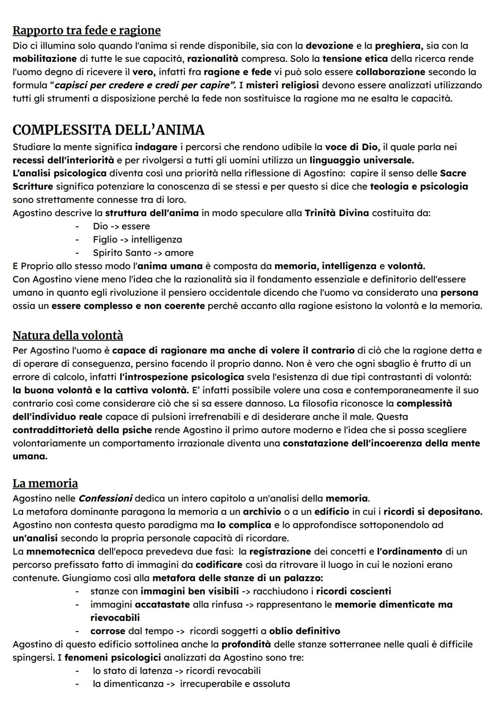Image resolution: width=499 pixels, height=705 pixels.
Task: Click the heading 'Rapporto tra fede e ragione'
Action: point(86,31)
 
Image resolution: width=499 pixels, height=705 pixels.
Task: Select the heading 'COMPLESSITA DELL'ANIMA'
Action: point(108,130)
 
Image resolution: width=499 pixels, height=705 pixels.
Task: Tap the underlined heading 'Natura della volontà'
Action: point(67,335)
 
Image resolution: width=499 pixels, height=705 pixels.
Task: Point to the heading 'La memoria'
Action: point(45,484)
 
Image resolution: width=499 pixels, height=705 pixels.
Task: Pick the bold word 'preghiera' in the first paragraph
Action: point(398,46)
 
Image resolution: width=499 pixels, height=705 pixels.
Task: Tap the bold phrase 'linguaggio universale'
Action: point(361,160)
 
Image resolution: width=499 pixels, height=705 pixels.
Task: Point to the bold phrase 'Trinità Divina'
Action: point(337,213)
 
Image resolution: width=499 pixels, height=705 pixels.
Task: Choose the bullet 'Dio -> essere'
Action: point(121,227)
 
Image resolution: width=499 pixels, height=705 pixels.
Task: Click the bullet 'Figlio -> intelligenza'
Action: point(137,239)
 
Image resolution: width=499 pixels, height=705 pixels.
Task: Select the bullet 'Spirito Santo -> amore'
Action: point(143,253)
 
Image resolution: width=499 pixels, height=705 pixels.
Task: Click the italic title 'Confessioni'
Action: point(105,499)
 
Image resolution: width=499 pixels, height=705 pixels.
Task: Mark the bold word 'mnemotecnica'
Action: point(61,552)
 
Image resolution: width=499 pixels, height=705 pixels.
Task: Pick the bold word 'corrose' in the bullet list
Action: point(108,631)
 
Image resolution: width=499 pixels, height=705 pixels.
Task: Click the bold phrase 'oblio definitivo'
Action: point(304,631)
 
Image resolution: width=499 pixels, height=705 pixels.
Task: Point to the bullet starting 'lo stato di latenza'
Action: point(176,671)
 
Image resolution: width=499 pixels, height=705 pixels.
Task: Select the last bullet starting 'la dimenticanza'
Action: point(191,684)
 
